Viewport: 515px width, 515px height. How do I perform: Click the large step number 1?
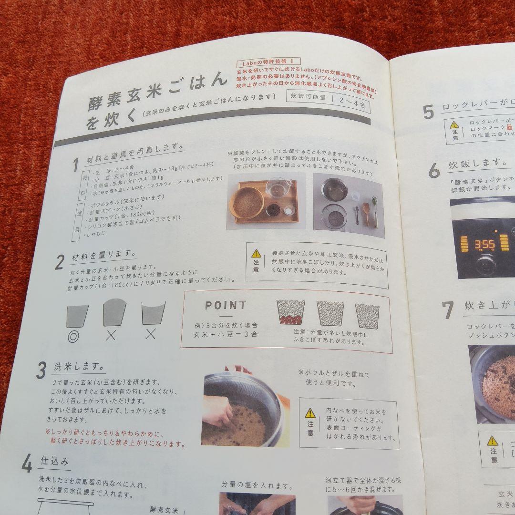click(x=75, y=165)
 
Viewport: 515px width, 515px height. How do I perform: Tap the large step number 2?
click(x=60, y=262)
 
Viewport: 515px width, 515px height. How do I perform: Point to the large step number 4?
click(x=27, y=463)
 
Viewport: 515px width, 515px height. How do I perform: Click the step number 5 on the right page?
click(x=428, y=112)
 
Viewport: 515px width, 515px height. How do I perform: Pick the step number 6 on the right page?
click(x=433, y=170)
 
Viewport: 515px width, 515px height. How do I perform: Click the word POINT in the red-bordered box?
click(x=226, y=306)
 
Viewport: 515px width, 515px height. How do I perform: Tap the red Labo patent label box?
click(x=269, y=62)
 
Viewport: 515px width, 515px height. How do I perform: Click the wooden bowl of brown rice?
click(x=247, y=202)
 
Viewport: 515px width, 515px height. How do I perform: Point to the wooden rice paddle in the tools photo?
click(x=366, y=213)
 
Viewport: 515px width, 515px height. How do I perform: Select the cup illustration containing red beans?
click(x=290, y=313)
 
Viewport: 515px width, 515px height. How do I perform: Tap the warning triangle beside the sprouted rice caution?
click(x=256, y=254)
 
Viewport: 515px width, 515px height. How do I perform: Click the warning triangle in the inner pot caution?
click(x=310, y=413)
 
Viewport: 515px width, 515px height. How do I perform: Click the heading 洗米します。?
click(x=79, y=367)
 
